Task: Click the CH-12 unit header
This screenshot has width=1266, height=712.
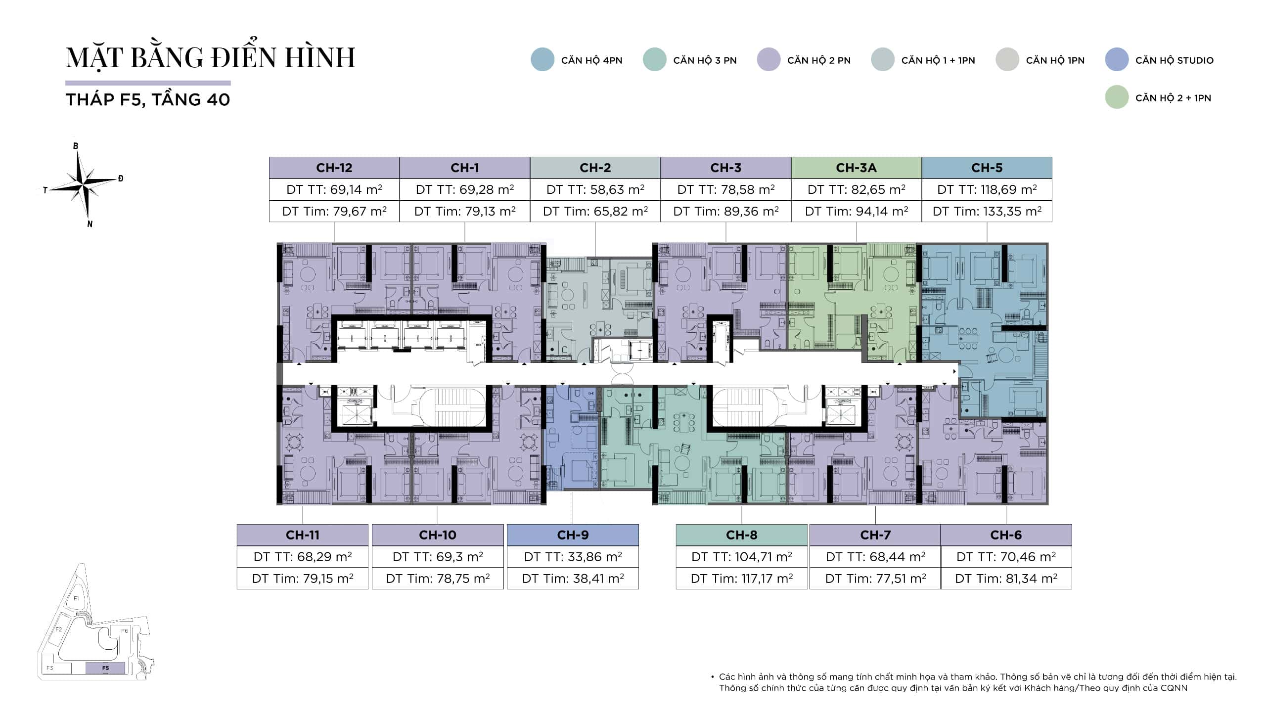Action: point(334,168)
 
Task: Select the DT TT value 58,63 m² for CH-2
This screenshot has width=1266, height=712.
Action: point(595,189)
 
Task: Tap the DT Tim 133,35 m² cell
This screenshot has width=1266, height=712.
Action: point(987,211)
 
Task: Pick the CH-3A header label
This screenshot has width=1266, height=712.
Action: point(857,168)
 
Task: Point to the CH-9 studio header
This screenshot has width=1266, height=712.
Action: point(573,535)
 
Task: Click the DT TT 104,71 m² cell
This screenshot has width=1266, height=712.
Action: point(742,557)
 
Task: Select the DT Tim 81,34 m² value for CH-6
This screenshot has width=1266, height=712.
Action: point(1006,578)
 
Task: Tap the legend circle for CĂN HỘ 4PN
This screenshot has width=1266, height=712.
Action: point(543,60)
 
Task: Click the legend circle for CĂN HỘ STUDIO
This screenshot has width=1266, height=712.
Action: point(1117,60)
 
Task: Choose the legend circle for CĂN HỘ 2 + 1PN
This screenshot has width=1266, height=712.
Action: point(1117,97)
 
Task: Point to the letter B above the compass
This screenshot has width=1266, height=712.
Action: point(76,146)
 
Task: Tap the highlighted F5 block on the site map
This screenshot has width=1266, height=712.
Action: point(105,668)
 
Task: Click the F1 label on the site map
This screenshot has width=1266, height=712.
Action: point(76,598)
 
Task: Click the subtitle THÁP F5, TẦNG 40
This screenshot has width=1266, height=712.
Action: point(148,100)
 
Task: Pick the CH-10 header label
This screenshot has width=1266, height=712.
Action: point(438,535)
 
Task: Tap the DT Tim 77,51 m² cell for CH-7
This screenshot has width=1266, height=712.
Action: point(875,578)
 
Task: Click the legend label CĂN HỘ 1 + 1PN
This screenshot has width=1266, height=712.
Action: point(938,60)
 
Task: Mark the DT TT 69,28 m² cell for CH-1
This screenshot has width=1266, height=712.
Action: point(465,189)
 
